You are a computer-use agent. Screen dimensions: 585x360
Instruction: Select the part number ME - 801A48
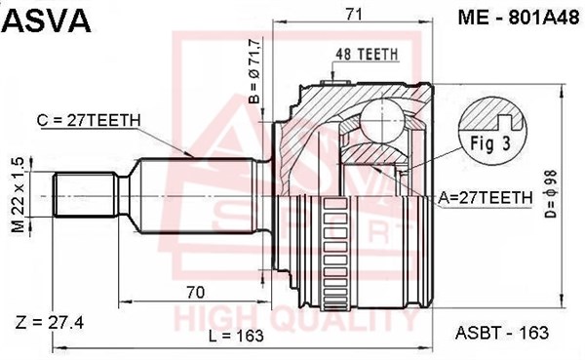pyautogui.click(x=519, y=17)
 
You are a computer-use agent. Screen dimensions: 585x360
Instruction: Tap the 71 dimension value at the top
pyautogui.click(x=353, y=15)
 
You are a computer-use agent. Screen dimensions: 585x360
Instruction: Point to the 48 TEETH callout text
pyautogui.click(x=367, y=55)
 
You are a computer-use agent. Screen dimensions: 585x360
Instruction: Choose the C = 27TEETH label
pyautogui.click(x=89, y=120)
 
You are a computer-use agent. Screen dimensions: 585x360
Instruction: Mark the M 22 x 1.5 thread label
pyautogui.click(x=18, y=195)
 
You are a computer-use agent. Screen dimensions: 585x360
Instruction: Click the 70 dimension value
pyautogui.click(x=196, y=293)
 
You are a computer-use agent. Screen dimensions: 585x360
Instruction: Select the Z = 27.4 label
pyautogui.click(x=50, y=322)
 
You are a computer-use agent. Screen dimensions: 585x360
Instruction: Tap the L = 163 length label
pyautogui.click(x=236, y=337)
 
